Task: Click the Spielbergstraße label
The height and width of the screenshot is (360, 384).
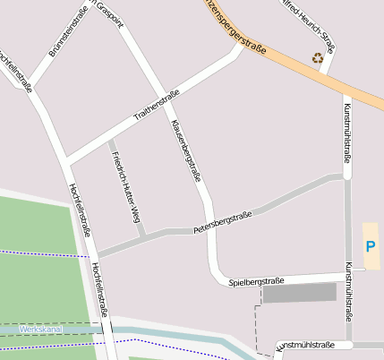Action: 256,281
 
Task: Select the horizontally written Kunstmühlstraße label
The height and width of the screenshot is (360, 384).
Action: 306,345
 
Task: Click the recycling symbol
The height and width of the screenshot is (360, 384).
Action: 318,58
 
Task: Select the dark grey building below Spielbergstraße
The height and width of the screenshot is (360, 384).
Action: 299,293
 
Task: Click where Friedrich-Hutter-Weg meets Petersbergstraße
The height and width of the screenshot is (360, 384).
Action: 142,236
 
